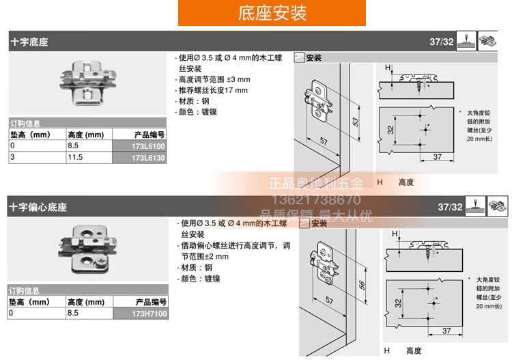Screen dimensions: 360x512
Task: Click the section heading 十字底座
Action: click(29, 42)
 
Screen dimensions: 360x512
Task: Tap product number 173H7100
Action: click(149, 314)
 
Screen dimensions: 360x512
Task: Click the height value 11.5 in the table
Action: click(75, 158)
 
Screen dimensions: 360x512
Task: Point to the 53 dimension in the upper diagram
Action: click(355, 122)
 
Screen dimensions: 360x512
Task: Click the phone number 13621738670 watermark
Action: click(316, 199)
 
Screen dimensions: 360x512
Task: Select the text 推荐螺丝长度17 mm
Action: click(212, 90)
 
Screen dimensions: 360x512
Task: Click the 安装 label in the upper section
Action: click(314, 58)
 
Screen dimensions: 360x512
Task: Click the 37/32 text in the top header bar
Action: click(441, 42)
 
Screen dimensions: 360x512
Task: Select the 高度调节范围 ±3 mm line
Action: click(212, 79)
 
